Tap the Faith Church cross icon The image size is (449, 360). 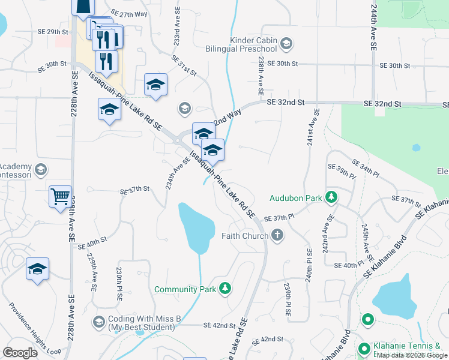(277, 236)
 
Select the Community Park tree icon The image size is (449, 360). (224, 289)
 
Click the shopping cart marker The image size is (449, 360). (60, 196)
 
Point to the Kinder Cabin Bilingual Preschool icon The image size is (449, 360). (287, 43)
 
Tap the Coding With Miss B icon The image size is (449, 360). (98, 323)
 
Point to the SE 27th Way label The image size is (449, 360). (130, 13)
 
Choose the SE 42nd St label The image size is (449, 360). (219, 325)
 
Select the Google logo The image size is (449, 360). (20, 352)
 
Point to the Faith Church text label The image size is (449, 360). (245, 236)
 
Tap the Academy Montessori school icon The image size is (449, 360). (40, 170)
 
